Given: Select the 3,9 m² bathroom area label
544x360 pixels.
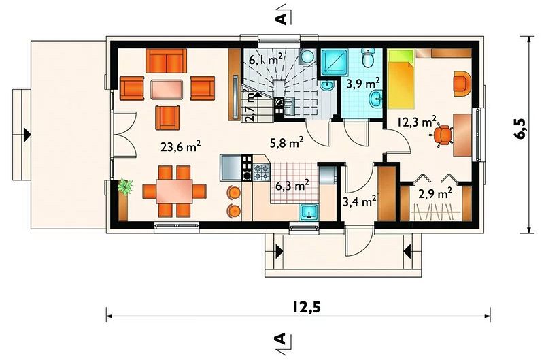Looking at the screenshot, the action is coord(363,84).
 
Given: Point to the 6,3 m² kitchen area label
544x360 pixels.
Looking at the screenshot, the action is coord(292,186).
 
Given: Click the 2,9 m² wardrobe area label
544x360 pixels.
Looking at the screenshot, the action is coord(435,193).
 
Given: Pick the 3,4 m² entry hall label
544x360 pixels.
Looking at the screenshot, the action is coord(359,201).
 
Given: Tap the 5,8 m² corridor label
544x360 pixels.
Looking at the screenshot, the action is coord(287,142).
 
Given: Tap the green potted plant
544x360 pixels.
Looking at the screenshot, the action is coord(125,186).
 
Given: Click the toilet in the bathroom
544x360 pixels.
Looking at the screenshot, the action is coord(368,58).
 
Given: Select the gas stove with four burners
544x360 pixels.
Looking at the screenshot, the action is coord(262,172).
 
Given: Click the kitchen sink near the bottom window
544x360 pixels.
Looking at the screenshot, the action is coord(309,212).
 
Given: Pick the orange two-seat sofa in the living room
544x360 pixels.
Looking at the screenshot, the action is coord(166,61).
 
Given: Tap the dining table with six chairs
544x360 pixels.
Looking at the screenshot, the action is coord(174,191).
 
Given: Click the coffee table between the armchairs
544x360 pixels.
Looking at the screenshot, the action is coord(167,89).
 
